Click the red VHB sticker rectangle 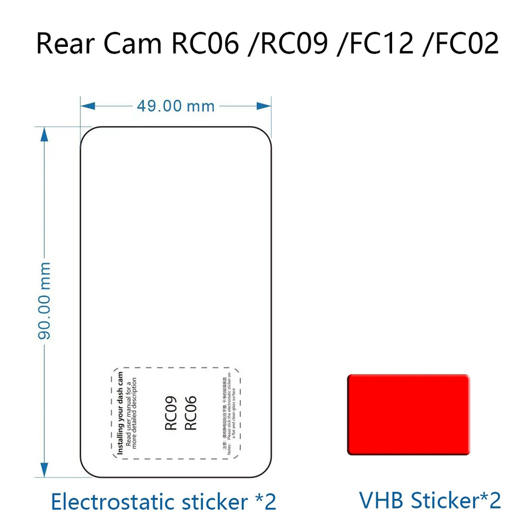[409, 415]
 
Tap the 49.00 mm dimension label [175, 106]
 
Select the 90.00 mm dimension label [45, 301]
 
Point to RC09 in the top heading [294, 44]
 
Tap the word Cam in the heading [133, 44]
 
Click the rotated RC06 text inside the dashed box [190, 412]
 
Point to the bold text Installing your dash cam [120, 413]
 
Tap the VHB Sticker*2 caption [430, 500]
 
